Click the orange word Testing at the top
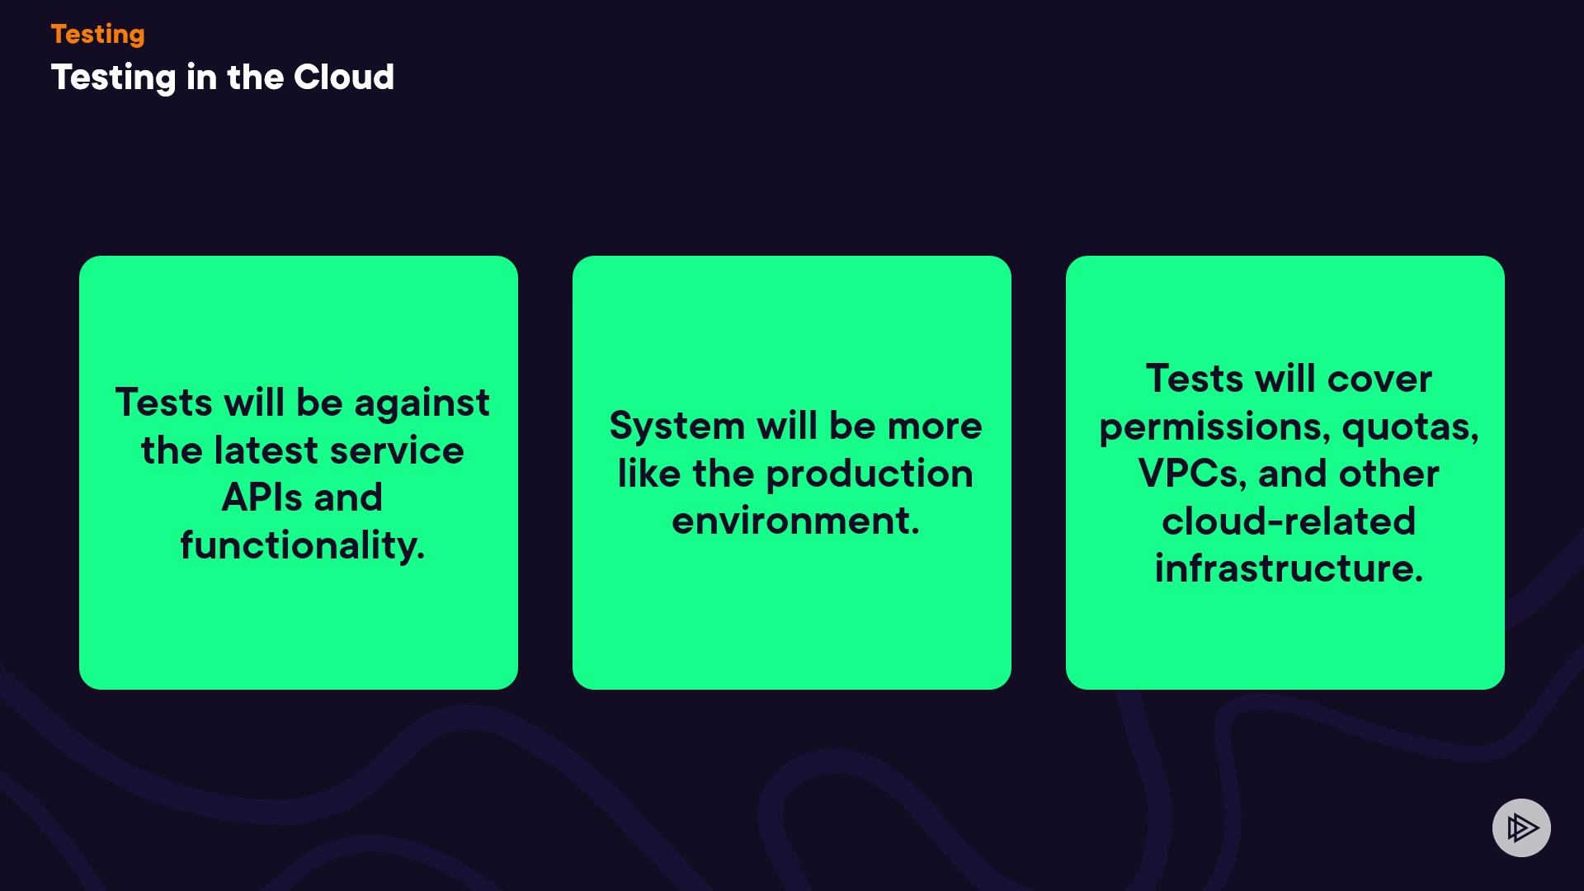pos(97,35)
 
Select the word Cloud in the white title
pos(344,77)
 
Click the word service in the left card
pos(397,451)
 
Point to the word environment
pos(795,521)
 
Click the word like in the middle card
pos(649,474)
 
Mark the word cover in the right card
pos(1379,379)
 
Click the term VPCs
pos(1192,474)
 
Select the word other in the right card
pos(1389,474)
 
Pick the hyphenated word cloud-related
pos(1289,521)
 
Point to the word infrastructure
pos(1289,568)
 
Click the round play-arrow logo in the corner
pos(1521,827)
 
